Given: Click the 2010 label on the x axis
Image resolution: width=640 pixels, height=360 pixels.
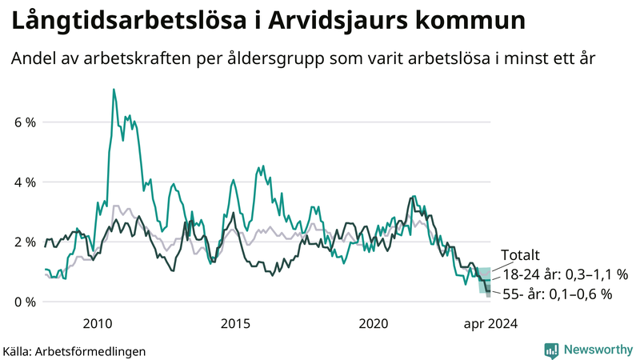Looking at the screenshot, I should click(98, 323).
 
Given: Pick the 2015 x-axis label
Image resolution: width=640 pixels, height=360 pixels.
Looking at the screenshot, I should click(236, 323).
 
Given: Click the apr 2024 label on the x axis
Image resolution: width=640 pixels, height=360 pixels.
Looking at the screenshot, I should click(490, 323).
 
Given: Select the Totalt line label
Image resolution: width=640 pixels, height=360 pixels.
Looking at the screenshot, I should click(520, 256).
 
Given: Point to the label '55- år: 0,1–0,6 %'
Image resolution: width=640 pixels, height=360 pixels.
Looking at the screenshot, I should click(557, 294).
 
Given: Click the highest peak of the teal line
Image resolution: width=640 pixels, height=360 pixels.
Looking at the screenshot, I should click(114, 90).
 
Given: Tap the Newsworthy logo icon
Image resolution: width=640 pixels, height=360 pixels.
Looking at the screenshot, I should click(551, 350).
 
